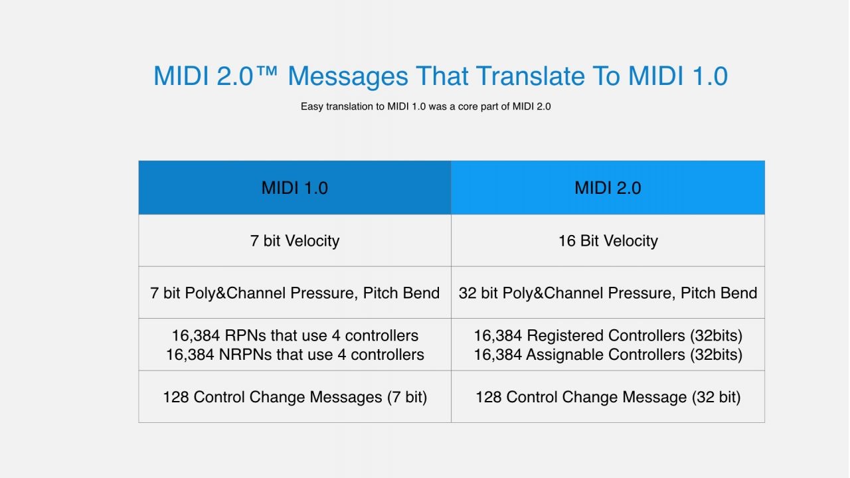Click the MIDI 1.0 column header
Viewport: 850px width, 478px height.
point(295,187)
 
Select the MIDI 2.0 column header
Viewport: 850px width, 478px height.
point(608,187)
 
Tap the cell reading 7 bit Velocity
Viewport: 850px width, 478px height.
point(295,240)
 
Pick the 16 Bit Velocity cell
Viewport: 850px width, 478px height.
point(608,240)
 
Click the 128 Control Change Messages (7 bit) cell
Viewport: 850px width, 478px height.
point(295,397)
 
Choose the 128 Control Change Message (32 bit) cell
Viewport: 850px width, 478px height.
point(608,397)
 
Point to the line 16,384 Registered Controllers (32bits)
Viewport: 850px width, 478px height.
point(608,335)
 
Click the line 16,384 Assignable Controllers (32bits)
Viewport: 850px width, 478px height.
point(608,355)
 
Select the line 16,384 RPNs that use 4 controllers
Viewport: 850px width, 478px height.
point(295,335)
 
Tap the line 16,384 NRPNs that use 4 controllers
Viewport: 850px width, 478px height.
point(295,355)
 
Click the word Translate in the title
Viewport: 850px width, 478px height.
point(529,76)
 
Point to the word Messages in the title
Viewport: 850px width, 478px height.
point(347,76)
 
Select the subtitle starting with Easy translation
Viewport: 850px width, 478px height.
point(426,107)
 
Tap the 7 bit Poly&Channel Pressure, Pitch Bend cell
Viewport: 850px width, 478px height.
point(295,293)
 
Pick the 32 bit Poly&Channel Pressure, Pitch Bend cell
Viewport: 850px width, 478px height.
point(608,293)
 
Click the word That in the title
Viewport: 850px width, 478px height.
point(442,76)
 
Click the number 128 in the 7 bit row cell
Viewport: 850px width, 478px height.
point(176,397)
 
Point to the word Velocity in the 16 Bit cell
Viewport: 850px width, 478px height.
point(631,241)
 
